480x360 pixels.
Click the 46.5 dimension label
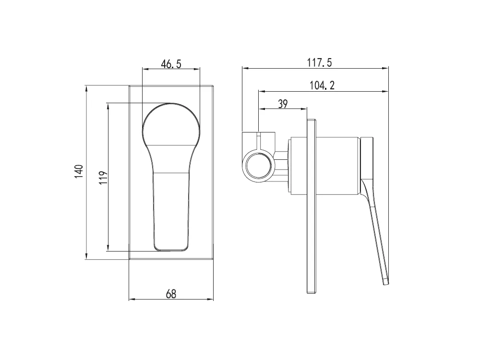click(x=171, y=64)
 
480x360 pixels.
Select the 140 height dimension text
click(x=79, y=171)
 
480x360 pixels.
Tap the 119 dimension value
click(x=104, y=177)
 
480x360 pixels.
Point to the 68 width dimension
click(x=171, y=294)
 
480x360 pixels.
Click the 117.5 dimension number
click(x=320, y=62)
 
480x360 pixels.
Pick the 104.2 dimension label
click(x=322, y=85)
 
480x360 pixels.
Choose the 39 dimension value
click(x=283, y=104)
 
